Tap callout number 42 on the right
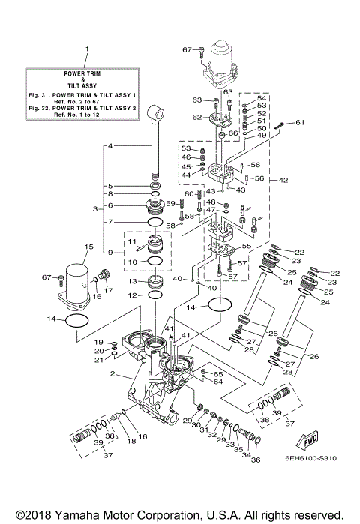[x=283, y=180]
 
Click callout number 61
[x=300, y=122]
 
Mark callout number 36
[x=255, y=460]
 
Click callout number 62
[x=196, y=117]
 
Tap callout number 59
[x=170, y=203]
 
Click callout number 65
[x=220, y=373]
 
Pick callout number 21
[x=99, y=361]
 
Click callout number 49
[x=262, y=136]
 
